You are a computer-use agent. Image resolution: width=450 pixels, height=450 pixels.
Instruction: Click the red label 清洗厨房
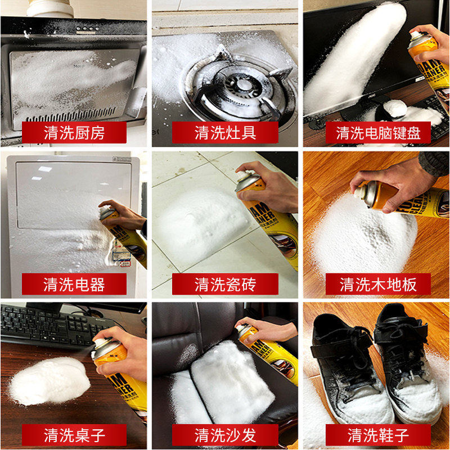[74, 133]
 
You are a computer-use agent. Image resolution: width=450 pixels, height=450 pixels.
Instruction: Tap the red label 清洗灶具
[225, 133]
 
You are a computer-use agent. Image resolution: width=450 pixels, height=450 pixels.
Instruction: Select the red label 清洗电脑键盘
[375, 133]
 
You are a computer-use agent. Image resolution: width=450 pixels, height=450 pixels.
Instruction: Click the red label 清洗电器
[74, 284]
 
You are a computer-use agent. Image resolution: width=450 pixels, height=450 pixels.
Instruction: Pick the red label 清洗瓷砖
[225, 284]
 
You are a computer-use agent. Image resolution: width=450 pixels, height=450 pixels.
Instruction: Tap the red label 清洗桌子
[74, 435]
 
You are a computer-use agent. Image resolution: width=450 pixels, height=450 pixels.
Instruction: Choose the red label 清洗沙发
[225, 435]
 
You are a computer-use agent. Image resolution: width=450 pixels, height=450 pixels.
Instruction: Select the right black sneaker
[408, 360]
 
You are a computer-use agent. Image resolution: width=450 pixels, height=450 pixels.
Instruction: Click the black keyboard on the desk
[48, 326]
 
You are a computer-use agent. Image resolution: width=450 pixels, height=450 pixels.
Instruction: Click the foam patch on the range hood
[70, 79]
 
